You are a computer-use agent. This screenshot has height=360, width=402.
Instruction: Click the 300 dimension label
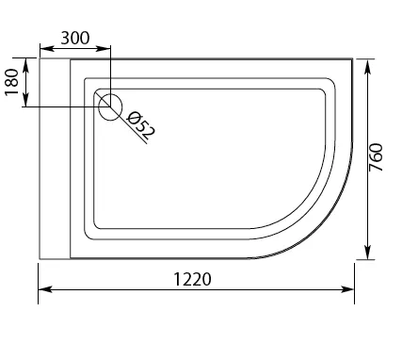[75, 39]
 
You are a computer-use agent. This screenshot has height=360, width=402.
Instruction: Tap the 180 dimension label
[12, 82]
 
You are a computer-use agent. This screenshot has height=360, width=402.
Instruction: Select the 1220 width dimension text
[192, 279]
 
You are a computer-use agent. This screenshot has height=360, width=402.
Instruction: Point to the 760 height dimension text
[376, 157]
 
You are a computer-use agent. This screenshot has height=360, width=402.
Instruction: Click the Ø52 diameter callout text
[140, 125]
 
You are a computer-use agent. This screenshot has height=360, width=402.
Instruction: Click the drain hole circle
[110, 106]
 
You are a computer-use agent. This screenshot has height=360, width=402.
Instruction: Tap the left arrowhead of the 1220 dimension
[45, 289]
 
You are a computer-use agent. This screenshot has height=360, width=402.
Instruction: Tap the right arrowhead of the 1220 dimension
[347, 289]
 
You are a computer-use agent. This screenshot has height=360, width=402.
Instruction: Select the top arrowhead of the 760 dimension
[368, 66]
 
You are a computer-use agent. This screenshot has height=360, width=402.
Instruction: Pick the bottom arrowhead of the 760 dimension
[368, 253]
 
